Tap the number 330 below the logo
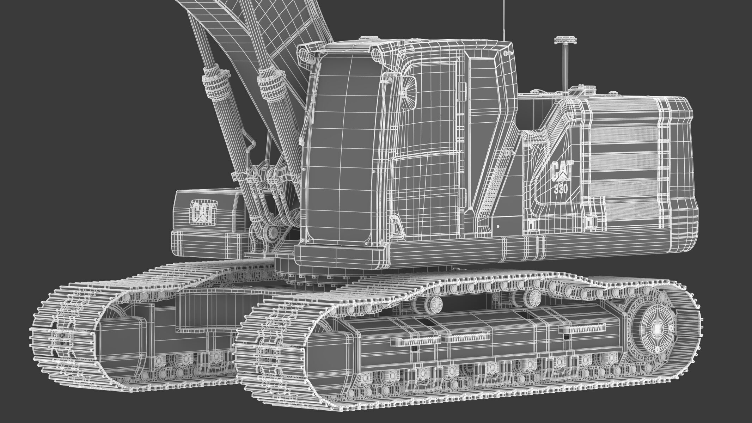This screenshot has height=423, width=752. pyautogui.click(x=561, y=189)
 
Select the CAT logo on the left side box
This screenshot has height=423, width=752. pyautogui.click(x=203, y=212)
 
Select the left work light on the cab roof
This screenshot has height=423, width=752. pyautogui.click(x=304, y=54)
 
